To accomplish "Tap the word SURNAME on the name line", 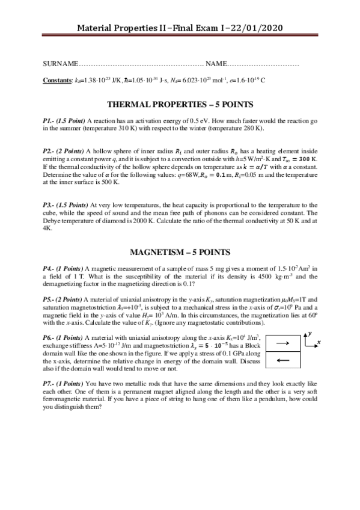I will tap(60, 64).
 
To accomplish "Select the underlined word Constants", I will tap(57, 79).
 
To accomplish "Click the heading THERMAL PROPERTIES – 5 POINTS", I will tap(180, 103).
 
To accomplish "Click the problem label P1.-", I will tap(49, 121).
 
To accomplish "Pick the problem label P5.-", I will tap(49, 299).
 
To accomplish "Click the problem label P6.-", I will tap(49, 338).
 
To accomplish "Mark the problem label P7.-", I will tap(49, 383).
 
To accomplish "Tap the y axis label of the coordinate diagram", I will tap(309, 332).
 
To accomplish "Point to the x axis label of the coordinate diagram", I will tap(319, 342).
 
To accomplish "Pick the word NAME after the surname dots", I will tap(216, 64).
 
